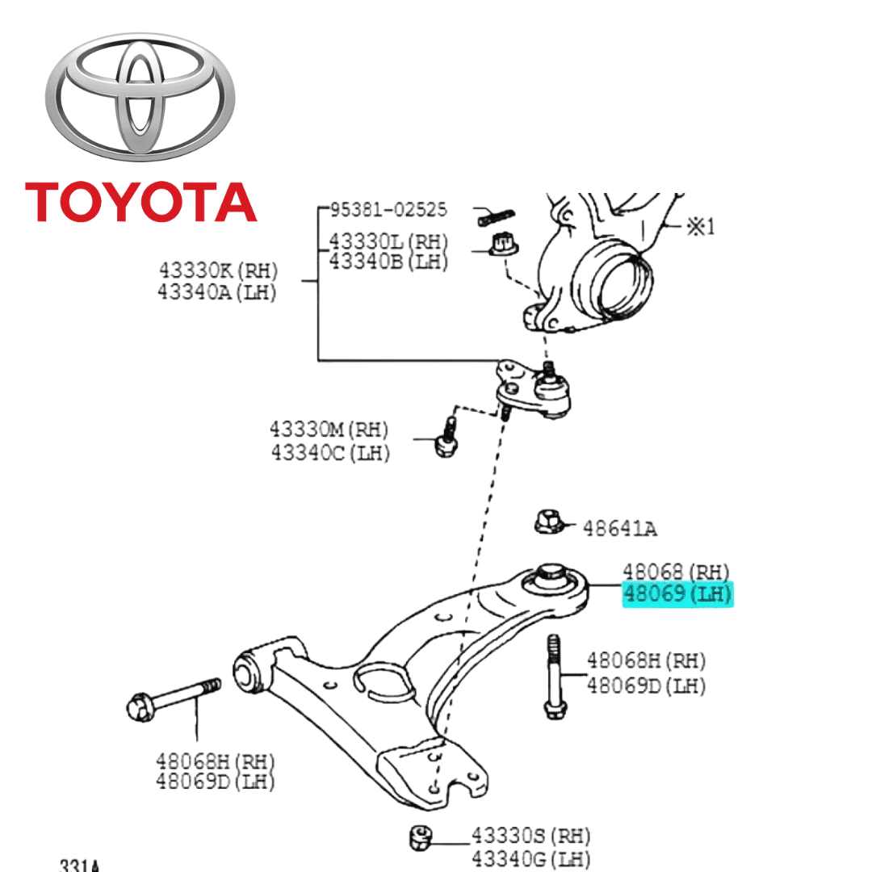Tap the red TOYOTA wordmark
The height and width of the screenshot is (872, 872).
140,202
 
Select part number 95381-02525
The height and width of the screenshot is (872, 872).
388,210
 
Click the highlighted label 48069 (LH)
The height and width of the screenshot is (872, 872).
677,595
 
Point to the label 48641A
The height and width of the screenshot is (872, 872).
619,529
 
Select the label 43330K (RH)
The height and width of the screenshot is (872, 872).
217,270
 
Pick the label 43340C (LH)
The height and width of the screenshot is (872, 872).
330,452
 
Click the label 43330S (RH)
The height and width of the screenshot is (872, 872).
531,835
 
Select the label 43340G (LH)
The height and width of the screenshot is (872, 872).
531,858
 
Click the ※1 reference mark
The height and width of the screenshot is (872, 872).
700,227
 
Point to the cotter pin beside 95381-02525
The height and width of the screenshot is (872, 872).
496,216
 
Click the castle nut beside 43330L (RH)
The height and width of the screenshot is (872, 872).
505,241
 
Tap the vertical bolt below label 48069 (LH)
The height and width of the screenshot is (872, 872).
553,677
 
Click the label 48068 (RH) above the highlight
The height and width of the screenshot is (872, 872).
676,572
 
